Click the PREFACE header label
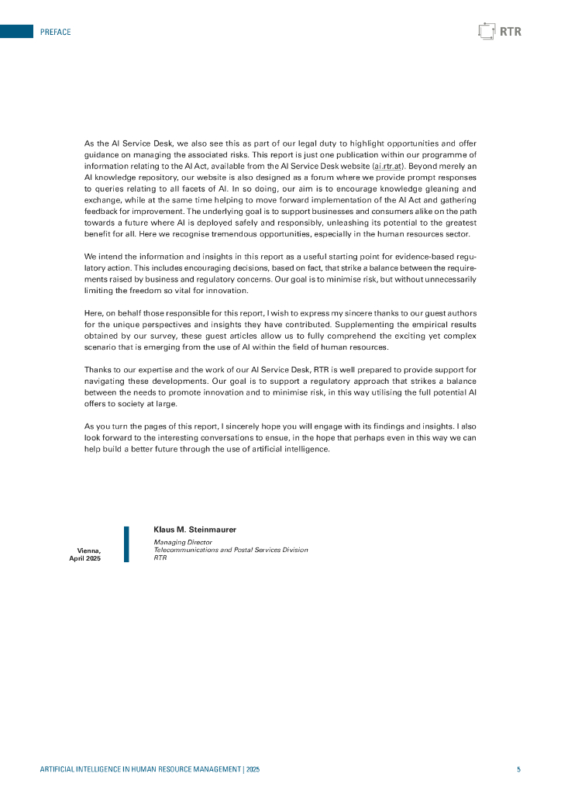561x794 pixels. click(x=55, y=32)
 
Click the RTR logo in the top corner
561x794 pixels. click(x=500, y=32)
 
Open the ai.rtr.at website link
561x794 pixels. click(x=388, y=166)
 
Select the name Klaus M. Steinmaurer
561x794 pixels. click(x=194, y=530)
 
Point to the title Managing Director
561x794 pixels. click(x=183, y=542)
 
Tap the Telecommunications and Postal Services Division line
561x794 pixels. click(x=230, y=550)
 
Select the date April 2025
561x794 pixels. click(x=85, y=558)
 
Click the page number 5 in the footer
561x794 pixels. click(x=518, y=769)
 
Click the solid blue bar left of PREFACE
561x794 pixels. click(x=16, y=32)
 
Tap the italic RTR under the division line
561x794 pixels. click(x=160, y=558)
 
